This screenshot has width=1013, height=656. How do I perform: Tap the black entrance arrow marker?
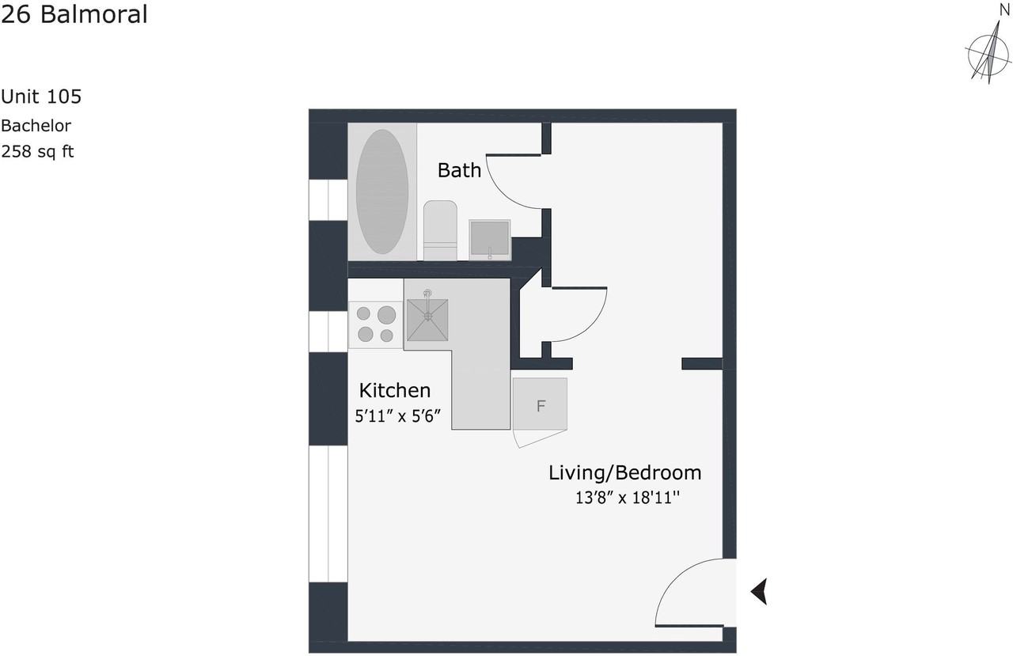(759, 591)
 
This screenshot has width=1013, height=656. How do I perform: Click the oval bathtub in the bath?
(382, 191)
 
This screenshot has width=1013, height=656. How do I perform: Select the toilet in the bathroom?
(440, 229)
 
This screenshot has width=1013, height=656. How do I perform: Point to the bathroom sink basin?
(489, 239)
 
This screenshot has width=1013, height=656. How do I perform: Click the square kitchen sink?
(427, 320)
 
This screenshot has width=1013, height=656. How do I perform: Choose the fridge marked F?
(541, 405)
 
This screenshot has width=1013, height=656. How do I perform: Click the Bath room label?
(459, 170)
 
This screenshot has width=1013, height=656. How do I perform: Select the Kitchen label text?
(395, 390)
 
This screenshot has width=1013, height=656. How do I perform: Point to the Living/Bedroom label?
(625, 473)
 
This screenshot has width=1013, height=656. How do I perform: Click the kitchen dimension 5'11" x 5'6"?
(396, 415)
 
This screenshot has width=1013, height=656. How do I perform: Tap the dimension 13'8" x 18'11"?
(628, 499)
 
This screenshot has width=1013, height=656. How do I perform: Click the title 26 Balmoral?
(74, 14)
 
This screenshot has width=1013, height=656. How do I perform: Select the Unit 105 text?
(41, 97)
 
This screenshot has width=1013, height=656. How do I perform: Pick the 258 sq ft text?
(37, 151)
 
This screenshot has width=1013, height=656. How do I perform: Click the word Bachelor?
(36, 125)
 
